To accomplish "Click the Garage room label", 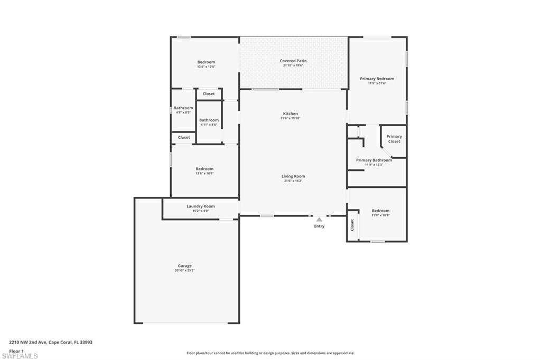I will pos(184,266).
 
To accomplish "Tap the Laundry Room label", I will pos(201,206).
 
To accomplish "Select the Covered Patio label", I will pos(293,61).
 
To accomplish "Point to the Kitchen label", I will pos(291,113).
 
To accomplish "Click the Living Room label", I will pos(293,176).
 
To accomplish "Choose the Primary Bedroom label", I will pos(377,79).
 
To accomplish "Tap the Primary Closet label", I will pos(394,139).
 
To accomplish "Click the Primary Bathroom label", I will pos(374,160).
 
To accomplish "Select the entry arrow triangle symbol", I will pos(319,219).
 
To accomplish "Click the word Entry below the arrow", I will pos(320,226).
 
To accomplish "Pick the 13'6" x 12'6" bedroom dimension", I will pos(206,67).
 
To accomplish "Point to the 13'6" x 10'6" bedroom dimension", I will pos(205,174).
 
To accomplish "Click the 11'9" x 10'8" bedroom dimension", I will pos(380,215).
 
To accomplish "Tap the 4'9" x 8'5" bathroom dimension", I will pos(183,112).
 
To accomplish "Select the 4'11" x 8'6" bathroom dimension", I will pos(209,125).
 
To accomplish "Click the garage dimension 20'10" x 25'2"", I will pos(184,270).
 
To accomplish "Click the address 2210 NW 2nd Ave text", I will pos(51,342).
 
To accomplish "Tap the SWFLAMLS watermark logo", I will pos(20,356).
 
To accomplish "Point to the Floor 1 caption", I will pos(17,350).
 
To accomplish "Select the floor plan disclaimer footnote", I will pos(270,353).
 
